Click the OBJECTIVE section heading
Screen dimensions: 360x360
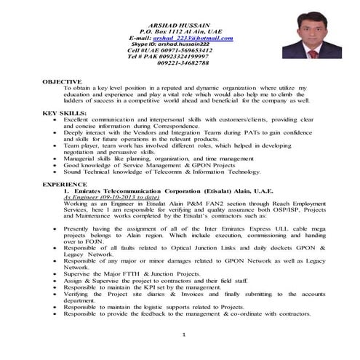(x=62, y=81)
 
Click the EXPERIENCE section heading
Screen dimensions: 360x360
(x=64, y=185)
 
